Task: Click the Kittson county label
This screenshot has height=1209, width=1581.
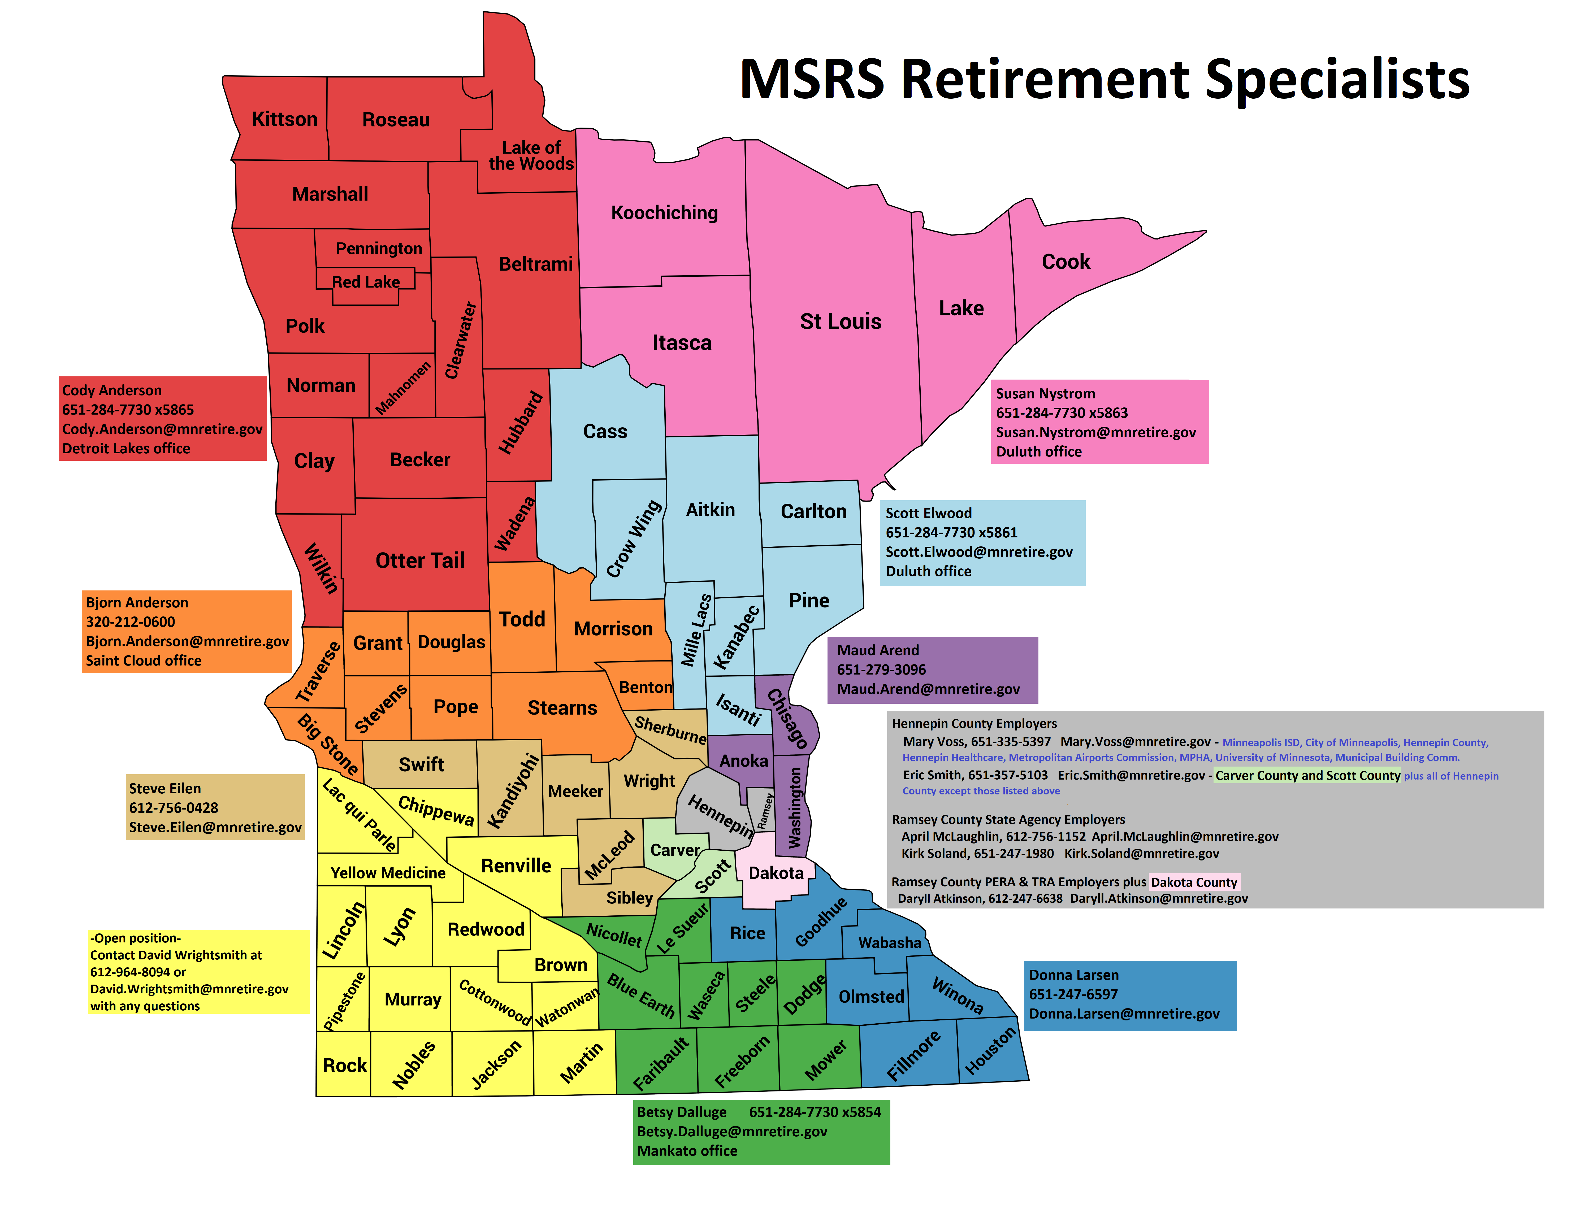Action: (284, 119)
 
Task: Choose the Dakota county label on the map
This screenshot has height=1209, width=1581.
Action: (776, 873)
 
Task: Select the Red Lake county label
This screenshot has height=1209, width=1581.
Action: (366, 282)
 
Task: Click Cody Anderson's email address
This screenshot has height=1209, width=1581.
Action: (162, 429)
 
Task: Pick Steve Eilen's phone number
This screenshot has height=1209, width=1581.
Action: (174, 807)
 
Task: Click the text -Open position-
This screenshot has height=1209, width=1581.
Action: (135, 938)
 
